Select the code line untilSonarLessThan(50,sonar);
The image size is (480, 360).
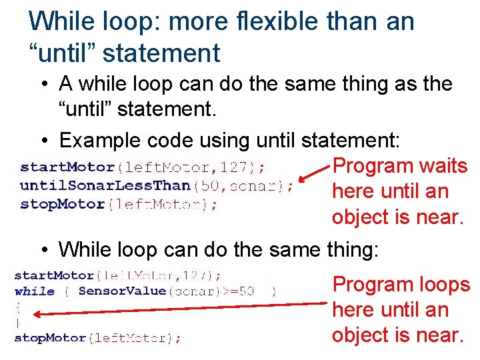pos(156,186)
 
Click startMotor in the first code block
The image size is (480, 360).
pos(67,167)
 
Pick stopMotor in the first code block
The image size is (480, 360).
pos(62,205)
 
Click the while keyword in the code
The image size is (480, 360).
pos(34,291)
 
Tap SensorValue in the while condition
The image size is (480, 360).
pos(121,291)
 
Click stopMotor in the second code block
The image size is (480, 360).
pos(50,338)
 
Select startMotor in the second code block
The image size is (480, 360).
pos(53,275)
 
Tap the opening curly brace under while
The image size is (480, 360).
pos(17,307)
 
